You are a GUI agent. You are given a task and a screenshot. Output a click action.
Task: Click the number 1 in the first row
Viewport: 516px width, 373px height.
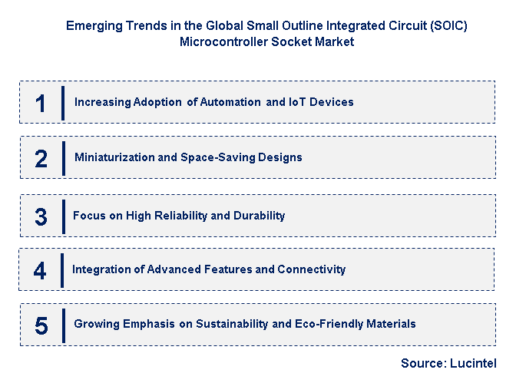[41, 103]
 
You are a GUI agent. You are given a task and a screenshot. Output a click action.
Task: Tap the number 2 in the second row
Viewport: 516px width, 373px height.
[41, 158]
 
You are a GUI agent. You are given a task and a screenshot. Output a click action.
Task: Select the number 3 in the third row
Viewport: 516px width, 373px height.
[41, 216]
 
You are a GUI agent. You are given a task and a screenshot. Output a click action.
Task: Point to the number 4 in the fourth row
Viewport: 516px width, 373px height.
[40, 270]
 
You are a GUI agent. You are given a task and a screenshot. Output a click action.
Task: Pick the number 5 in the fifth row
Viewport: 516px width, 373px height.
[41, 325]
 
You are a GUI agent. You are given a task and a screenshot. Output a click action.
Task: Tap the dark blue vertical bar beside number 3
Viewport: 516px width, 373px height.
[63, 216]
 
